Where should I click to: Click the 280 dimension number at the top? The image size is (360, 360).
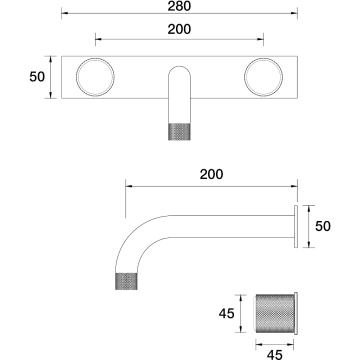coord(179,6)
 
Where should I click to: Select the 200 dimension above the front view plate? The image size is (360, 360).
coord(179,29)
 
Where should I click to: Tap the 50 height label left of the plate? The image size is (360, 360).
coord(37,77)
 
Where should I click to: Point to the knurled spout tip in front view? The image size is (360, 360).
coord(179,132)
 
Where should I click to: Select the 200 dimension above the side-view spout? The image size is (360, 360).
coord(211,174)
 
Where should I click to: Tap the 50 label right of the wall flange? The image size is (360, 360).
coord(323,226)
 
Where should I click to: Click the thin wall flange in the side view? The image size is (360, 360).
coord(296,226)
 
